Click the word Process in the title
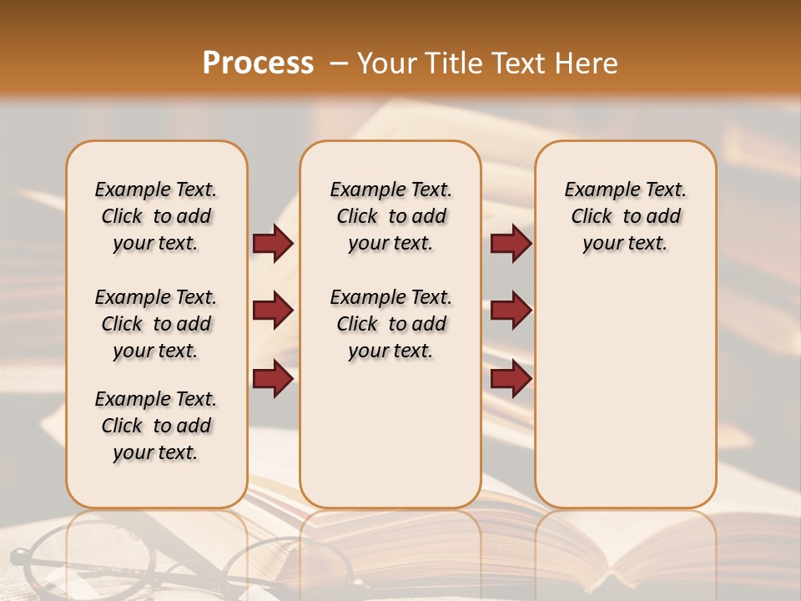258,63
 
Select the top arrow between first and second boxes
272,243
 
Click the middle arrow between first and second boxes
272,311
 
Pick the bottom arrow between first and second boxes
272,378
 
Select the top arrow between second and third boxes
511,243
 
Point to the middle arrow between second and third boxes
511,311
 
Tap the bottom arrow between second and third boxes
511,378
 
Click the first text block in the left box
156,216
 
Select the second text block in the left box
156,324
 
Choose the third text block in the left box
156,426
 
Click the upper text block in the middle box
390,216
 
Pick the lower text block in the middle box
390,324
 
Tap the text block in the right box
625,216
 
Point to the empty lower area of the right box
625,401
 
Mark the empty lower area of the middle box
390,434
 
